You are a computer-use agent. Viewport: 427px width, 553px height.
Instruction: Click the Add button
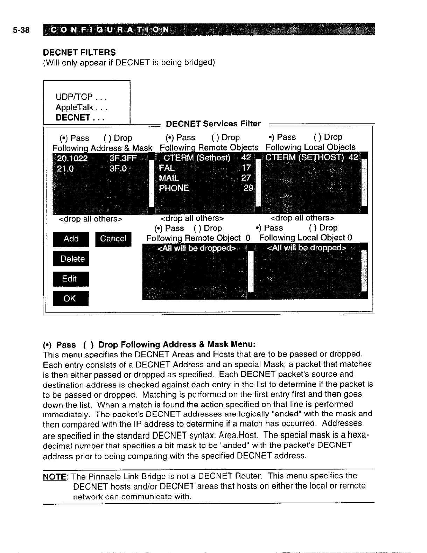click(x=71, y=239)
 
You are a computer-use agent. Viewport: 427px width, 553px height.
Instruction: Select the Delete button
click(x=71, y=259)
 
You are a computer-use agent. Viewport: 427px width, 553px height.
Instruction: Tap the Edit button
click(x=71, y=279)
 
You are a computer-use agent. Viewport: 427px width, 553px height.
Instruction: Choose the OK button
click(x=71, y=299)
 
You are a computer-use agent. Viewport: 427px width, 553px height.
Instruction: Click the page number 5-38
click(x=21, y=30)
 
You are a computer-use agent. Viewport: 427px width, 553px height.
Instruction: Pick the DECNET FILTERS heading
click(x=79, y=52)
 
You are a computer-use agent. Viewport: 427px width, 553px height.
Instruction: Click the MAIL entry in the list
click(x=169, y=178)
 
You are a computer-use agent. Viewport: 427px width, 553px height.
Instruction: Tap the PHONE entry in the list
click(x=174, y=188)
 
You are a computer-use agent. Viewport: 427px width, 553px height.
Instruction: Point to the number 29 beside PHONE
click(x=248, y=188)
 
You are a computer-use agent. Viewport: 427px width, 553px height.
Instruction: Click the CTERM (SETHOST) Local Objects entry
click(x=311, y=157)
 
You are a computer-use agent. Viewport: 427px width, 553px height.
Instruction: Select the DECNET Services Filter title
click(x=213, y=124)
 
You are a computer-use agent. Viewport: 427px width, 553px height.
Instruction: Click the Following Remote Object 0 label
click(x=198, y=238)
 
